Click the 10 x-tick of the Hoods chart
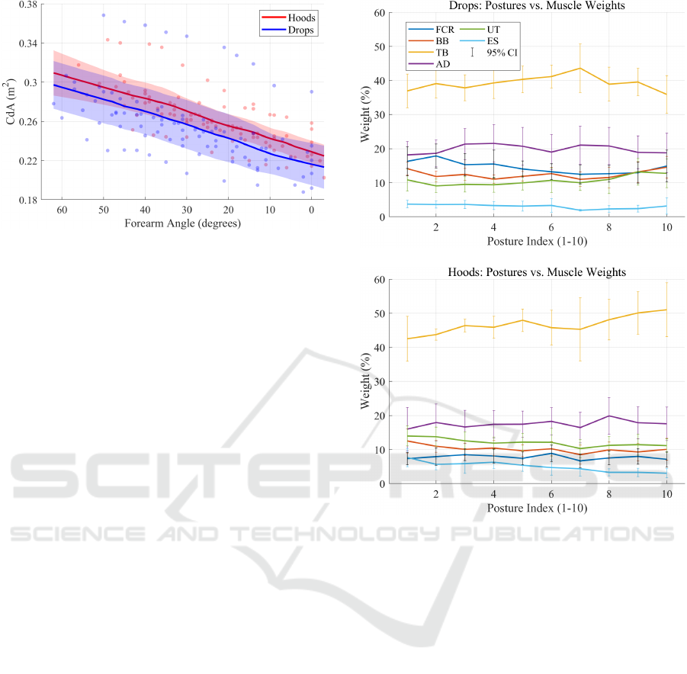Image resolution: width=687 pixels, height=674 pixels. click(x=666, y=494)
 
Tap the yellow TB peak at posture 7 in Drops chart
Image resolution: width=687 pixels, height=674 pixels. click(x=580, y=68)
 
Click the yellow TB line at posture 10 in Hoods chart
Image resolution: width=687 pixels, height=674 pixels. click(x=666, y=310)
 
